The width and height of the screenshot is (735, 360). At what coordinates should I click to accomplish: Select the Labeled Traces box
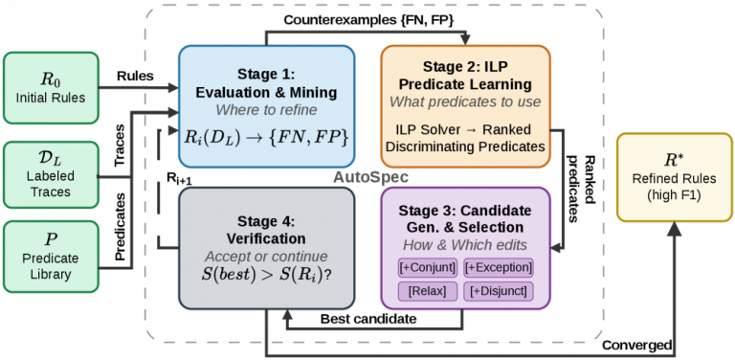click(x=51, y=175)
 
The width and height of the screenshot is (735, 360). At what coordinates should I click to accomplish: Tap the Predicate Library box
click(x=51, y=257)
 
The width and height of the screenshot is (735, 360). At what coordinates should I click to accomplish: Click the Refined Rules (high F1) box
click(x=675, y=177)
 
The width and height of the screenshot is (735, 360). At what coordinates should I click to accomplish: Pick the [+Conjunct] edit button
click(x=427, y=268)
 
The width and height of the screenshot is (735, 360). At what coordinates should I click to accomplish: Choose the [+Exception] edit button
click(x=499, y=268)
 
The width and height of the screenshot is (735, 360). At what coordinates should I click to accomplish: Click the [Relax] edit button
click(x=427, y=291)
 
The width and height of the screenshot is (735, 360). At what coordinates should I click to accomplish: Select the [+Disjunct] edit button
click(x=499, y=291)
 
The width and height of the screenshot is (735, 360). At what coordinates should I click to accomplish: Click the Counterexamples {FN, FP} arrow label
click(x=368, y=20)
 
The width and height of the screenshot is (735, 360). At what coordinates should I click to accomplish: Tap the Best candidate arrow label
click(x=367, y=320)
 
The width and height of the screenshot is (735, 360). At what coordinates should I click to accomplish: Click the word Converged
click(x=636, y=346)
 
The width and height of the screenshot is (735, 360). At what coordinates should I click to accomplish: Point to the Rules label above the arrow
click(x=135, y=76)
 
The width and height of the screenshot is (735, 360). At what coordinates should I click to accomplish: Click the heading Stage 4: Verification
click(x=266, y=230)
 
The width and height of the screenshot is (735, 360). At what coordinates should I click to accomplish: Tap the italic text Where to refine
click(x=266, y=111)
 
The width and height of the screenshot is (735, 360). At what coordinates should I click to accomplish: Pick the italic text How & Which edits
click(x=465, y=246)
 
